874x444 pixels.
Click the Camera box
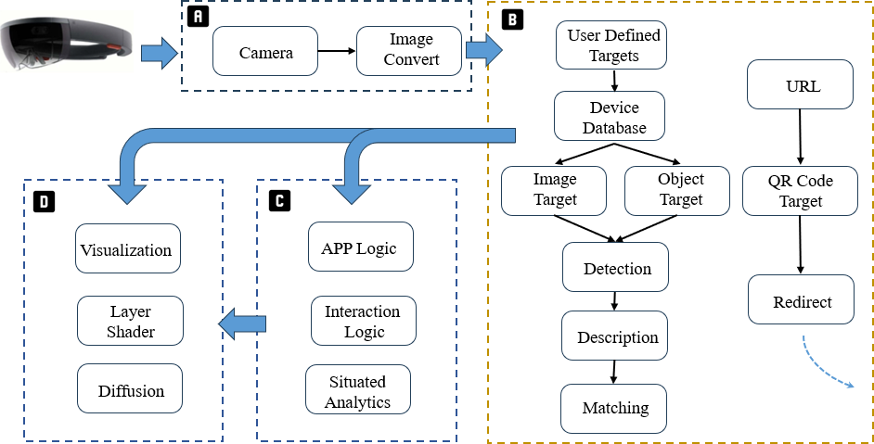(x=265, y=52)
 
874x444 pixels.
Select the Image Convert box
(x=409, y=52)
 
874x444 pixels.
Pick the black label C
(x=277, y=199)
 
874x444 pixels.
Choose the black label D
(x=43, y=199)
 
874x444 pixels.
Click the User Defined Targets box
(x=612, y=45)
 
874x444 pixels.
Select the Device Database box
(x=609, y=116)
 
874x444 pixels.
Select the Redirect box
(x=802, y=300)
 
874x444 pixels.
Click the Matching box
(x=613, y=408)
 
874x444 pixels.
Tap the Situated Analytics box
(x=357, y=390)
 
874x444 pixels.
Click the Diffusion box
(x=130, y=389)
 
